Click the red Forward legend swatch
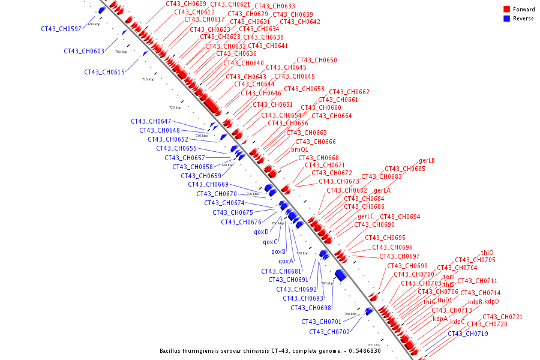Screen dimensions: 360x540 [x=507, y=10]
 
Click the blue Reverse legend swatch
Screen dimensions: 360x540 [x=507, y=19]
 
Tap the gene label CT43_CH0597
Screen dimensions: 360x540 [x=61, y=29]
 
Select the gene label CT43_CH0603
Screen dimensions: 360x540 [x=83, y=51]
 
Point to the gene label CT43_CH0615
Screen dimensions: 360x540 [x=104, y=72]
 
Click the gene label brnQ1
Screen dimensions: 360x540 [x=300, y=149]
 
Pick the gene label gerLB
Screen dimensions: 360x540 [x=427, y=161]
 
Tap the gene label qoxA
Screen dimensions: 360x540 [x=286, y=261]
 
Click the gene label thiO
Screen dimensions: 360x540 [x=487, y=253]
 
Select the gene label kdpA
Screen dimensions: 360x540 [x=440, y=319]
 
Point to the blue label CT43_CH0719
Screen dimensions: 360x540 [x=467, y=334]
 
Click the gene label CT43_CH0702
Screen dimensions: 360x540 [x=329, y=332]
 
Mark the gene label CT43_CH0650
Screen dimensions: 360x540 [x=317, y=60]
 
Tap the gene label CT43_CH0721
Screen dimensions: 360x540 [x=502, y=317]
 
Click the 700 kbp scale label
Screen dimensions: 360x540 [x=121, y=52]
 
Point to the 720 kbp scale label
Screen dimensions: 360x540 [x=175, y=107]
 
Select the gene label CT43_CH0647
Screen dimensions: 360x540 [x=151, y=121]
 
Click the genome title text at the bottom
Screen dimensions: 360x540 [x=270, y=351]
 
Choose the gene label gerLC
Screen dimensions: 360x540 [x=366, y=216]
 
